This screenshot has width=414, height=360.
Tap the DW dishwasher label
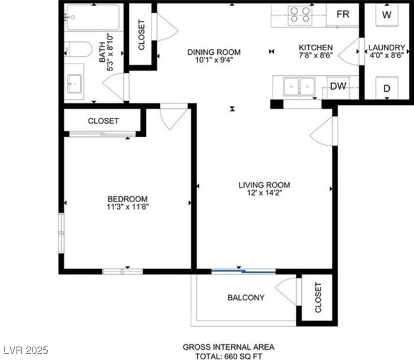coord(337,87)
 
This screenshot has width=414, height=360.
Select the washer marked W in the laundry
coord(387,15)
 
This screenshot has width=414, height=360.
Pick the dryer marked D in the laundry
coord(387,89)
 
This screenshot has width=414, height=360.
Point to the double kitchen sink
coord(299,85)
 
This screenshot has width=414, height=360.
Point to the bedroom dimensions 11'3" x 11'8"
coord(128,206)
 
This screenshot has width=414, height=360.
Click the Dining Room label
coord(213,52)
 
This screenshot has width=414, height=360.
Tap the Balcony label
coord(246,298)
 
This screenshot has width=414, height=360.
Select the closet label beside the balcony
coord(317,297)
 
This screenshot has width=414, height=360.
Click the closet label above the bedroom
coord(103,120)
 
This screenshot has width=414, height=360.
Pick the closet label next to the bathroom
coord(141,35)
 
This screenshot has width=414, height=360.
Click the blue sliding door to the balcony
coord(243,271)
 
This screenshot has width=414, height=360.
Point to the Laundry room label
coord(387,48)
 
